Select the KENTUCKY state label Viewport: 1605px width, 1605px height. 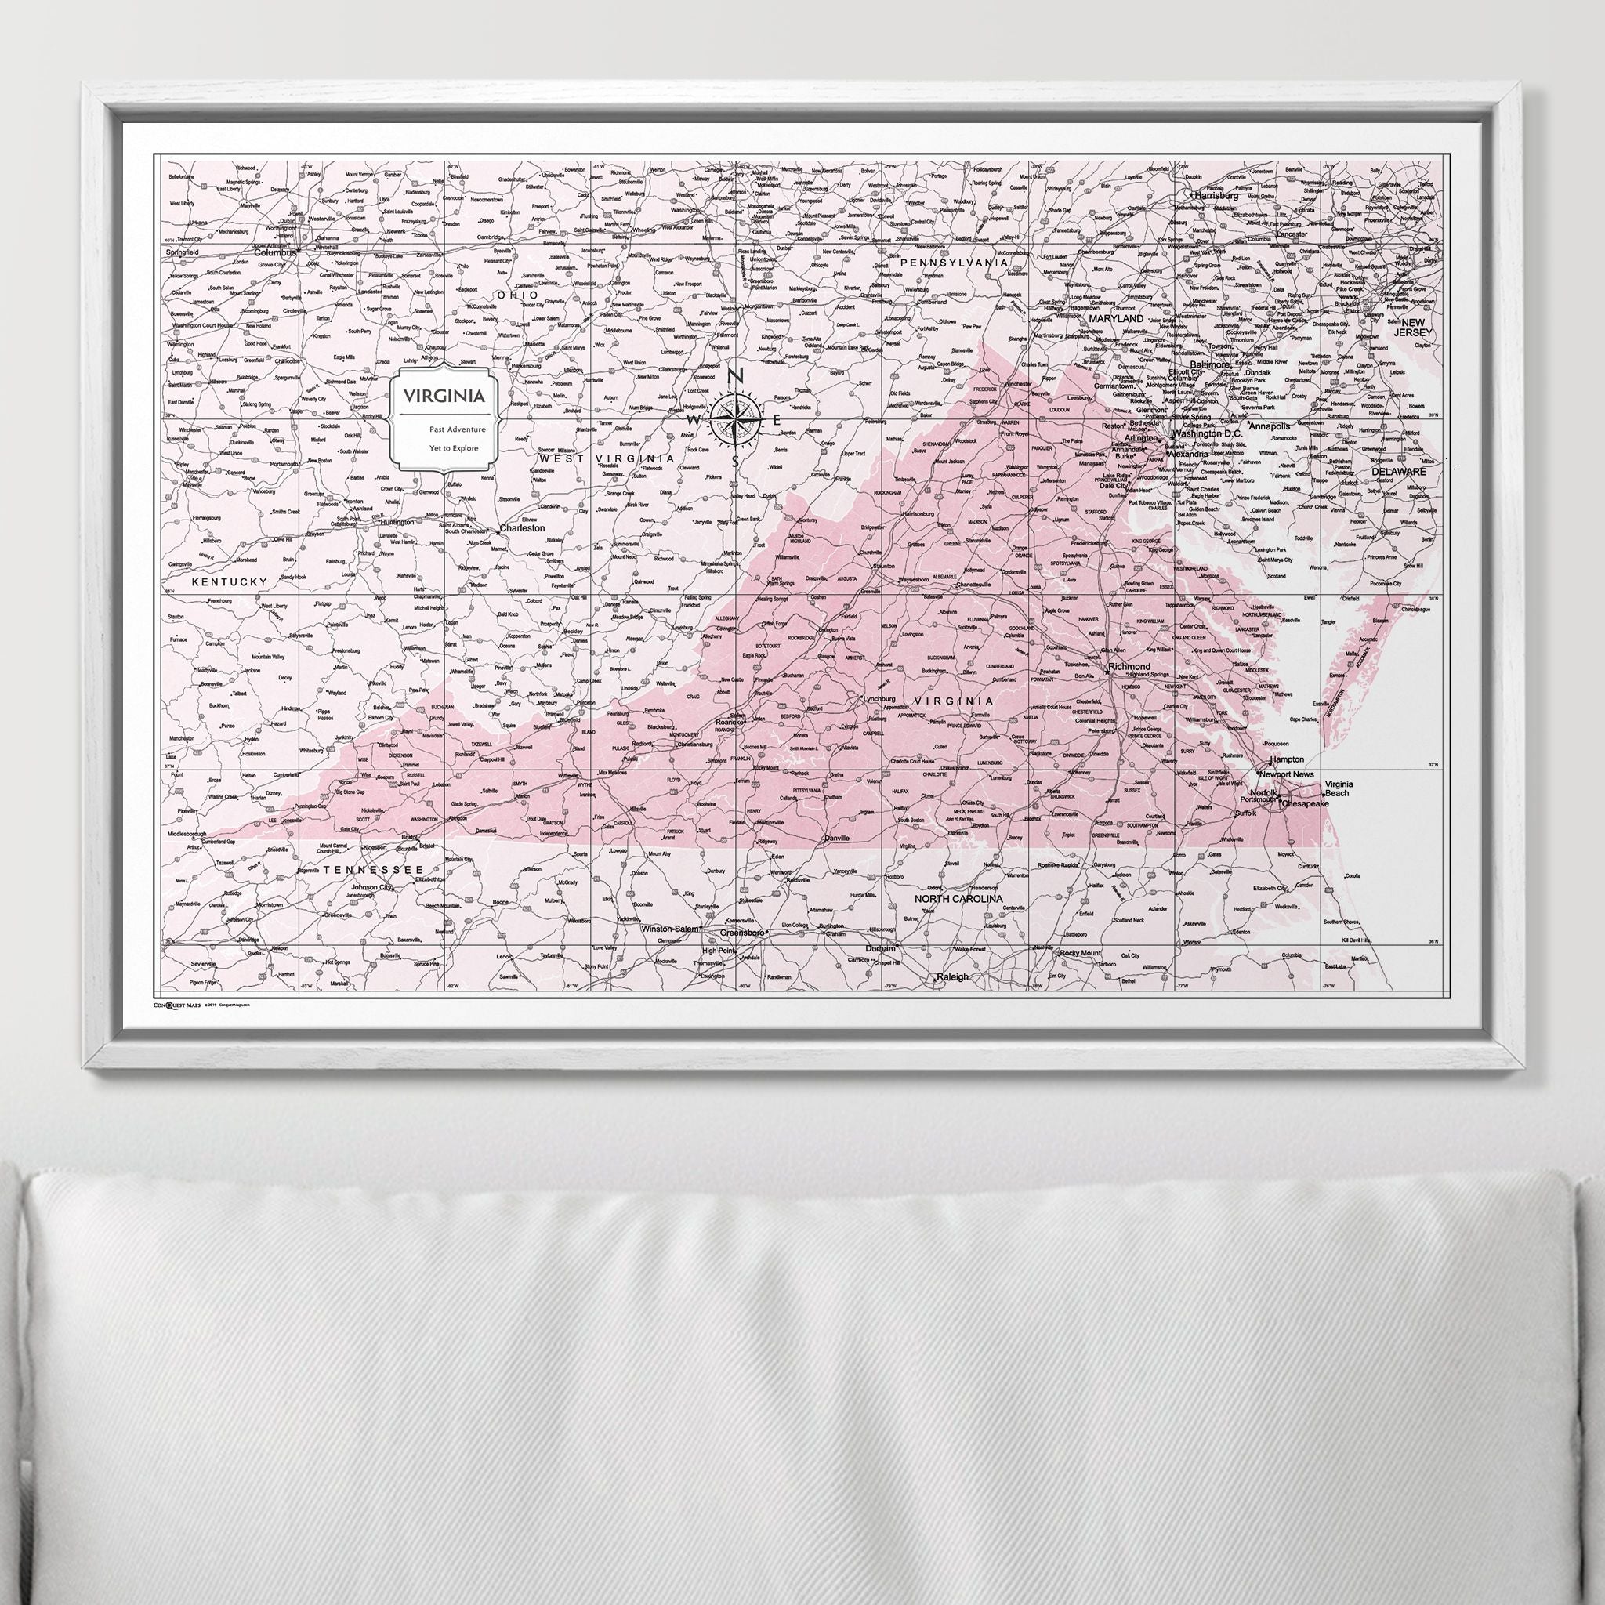click(x=230, y=582)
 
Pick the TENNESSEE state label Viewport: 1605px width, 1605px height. click(x=366, y=869)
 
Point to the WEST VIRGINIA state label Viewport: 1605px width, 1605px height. click(x=607, y=458)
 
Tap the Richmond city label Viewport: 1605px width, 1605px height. click(x=1129, y=667)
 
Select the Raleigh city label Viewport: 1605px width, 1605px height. click(x=952, y=977)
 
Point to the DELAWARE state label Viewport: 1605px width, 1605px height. click(x=1398, y=471)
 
